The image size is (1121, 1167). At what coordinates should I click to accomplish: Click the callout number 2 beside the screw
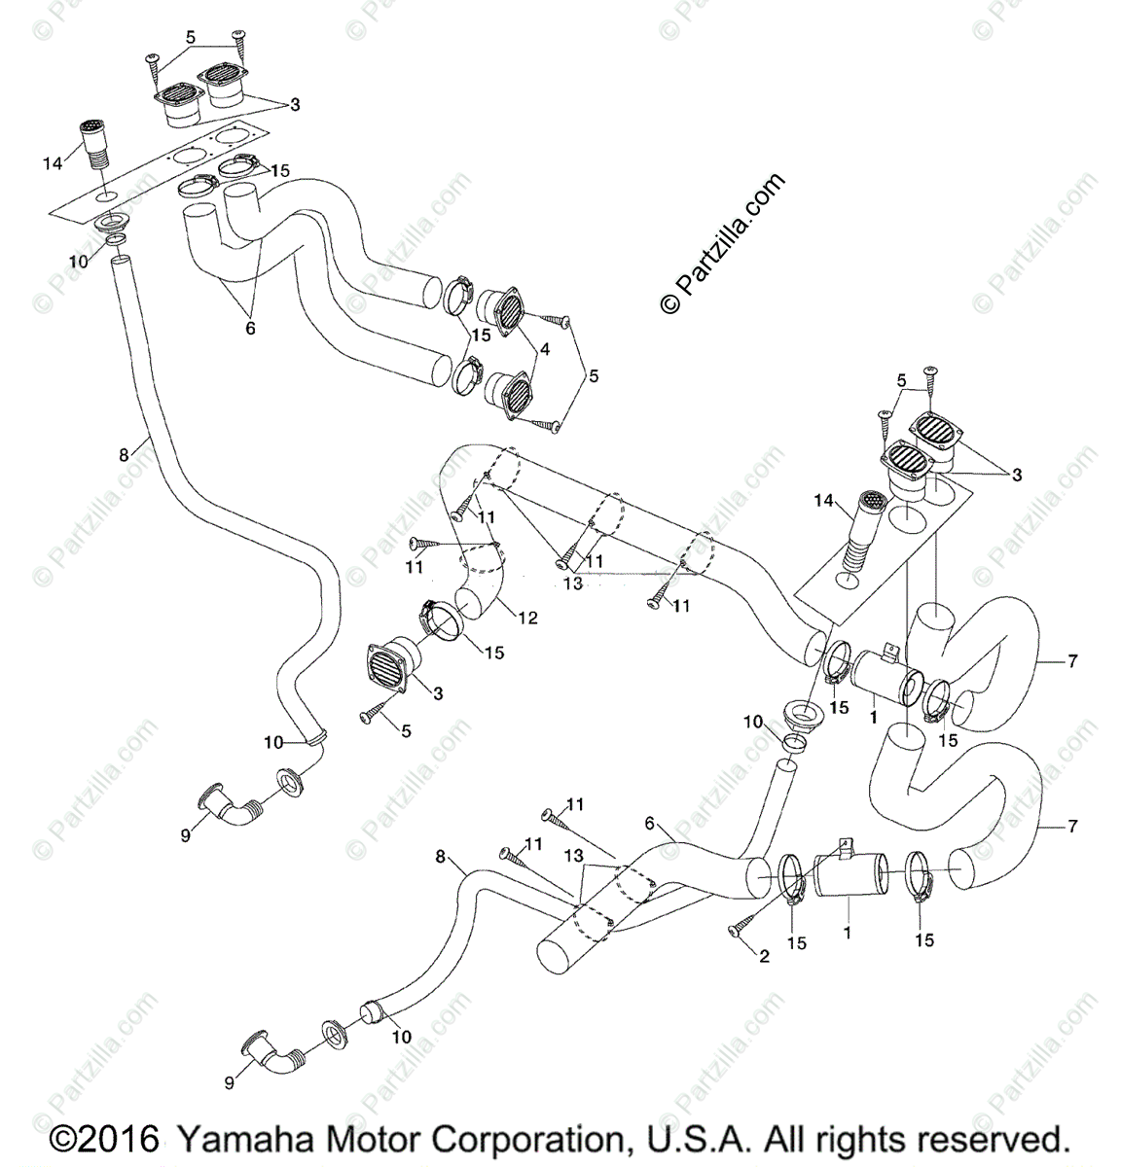click(764, 957)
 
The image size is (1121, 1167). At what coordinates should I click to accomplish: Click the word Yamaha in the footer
click(244, 1138)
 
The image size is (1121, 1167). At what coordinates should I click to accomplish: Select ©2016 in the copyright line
click(104, 1138)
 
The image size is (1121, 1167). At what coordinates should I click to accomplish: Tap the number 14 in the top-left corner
click(52, 164)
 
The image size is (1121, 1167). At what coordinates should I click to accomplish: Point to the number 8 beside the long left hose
click(123, 453)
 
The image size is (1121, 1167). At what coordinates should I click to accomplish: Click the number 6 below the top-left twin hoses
click(249, 329)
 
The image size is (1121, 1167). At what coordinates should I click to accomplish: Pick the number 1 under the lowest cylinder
click(847, 932)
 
